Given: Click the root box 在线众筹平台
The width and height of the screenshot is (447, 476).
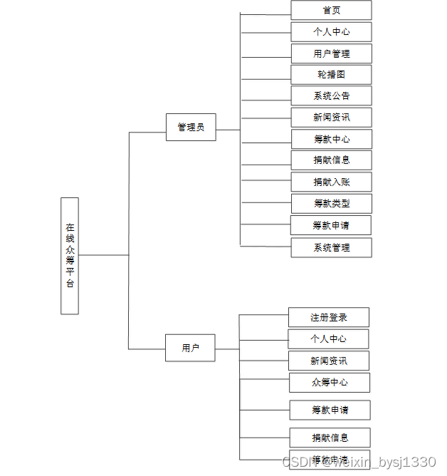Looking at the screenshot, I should (x=70, y=256).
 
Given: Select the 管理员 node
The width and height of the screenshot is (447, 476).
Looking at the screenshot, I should (x=191, y=128).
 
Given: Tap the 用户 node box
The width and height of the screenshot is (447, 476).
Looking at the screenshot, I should (x=190, y=348).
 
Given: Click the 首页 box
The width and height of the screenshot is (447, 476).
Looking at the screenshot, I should (x=331, y=11).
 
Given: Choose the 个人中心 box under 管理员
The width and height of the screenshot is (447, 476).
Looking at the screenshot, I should (x=331, y=32).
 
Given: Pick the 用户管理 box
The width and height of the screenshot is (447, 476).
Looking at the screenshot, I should (x=331, y=53).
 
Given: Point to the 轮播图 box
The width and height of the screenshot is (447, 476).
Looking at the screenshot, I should (x=331, y=75).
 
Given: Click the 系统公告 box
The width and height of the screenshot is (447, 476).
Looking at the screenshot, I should (x=331, y=96).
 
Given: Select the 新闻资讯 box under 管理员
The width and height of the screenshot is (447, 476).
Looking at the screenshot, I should (x=331, y=118).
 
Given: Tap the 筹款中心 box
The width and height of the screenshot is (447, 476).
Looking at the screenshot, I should (x=331, y=139).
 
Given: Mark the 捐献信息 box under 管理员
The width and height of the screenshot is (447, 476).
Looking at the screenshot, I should (x=331, y=160).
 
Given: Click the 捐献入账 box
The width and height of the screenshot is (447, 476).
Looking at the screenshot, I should (x=331, y=182).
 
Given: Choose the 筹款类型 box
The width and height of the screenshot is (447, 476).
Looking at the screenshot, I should (x=331, y=203).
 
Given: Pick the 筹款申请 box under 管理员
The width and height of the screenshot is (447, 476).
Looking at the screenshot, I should (x=331, y=226).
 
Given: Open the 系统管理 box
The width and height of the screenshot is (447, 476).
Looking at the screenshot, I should (x=331, y=247).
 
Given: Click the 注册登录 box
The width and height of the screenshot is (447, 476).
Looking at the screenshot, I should (x=329, y=317).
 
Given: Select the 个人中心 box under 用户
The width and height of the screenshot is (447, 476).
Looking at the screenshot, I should (x=328, y=338).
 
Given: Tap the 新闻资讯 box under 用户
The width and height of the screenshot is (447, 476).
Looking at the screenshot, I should (x=328, y=361).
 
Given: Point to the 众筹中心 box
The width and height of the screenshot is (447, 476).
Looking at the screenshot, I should (x=329, y=382).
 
